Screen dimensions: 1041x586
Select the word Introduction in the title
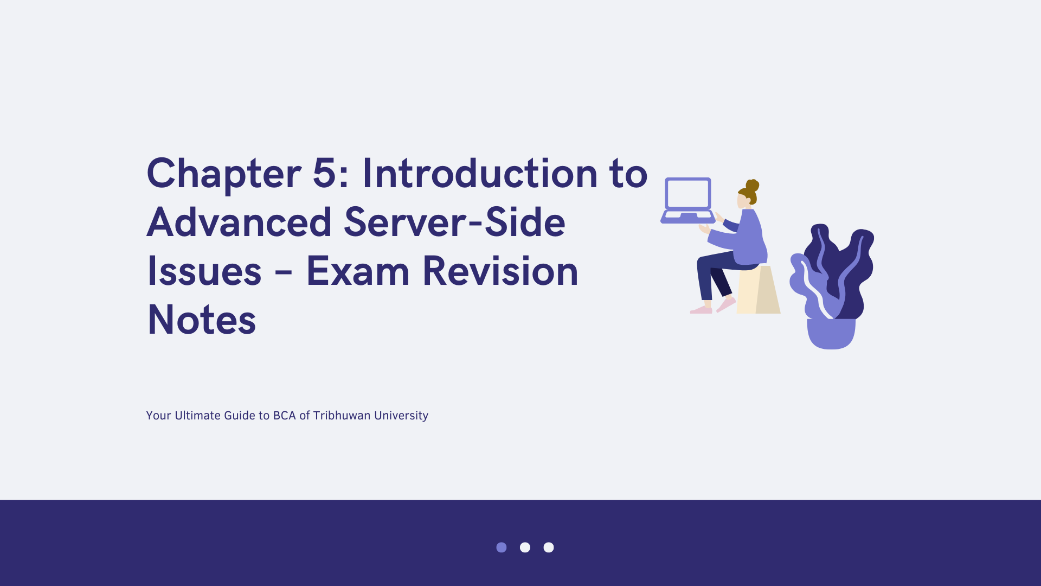click(x=480, y=174)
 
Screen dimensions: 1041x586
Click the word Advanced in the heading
click(x=239, y=222)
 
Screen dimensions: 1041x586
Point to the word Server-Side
click(x=454, y=222)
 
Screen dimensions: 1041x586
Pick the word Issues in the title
click(x=204, y=271)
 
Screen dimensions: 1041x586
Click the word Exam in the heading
click(x=358, y=271)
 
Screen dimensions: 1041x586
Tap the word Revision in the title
click(x=500, y=271)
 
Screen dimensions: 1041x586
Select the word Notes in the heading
click(x=202, y=320)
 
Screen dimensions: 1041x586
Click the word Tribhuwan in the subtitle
click(x=342, y=416)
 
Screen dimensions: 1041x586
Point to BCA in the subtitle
click(x=284, y=416)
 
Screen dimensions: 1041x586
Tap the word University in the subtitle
click(x=401, y=416)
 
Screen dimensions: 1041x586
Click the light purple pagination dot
click(x=502, y=547)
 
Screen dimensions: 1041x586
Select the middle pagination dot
click(x=525, y=547)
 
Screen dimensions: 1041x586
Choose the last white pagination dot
click(x=549, y=547)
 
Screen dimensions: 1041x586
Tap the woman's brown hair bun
click(x=752, y=186)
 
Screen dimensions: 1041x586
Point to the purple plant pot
click(x=831, y=334)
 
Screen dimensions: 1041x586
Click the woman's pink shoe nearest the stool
click(x=726, y=304)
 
